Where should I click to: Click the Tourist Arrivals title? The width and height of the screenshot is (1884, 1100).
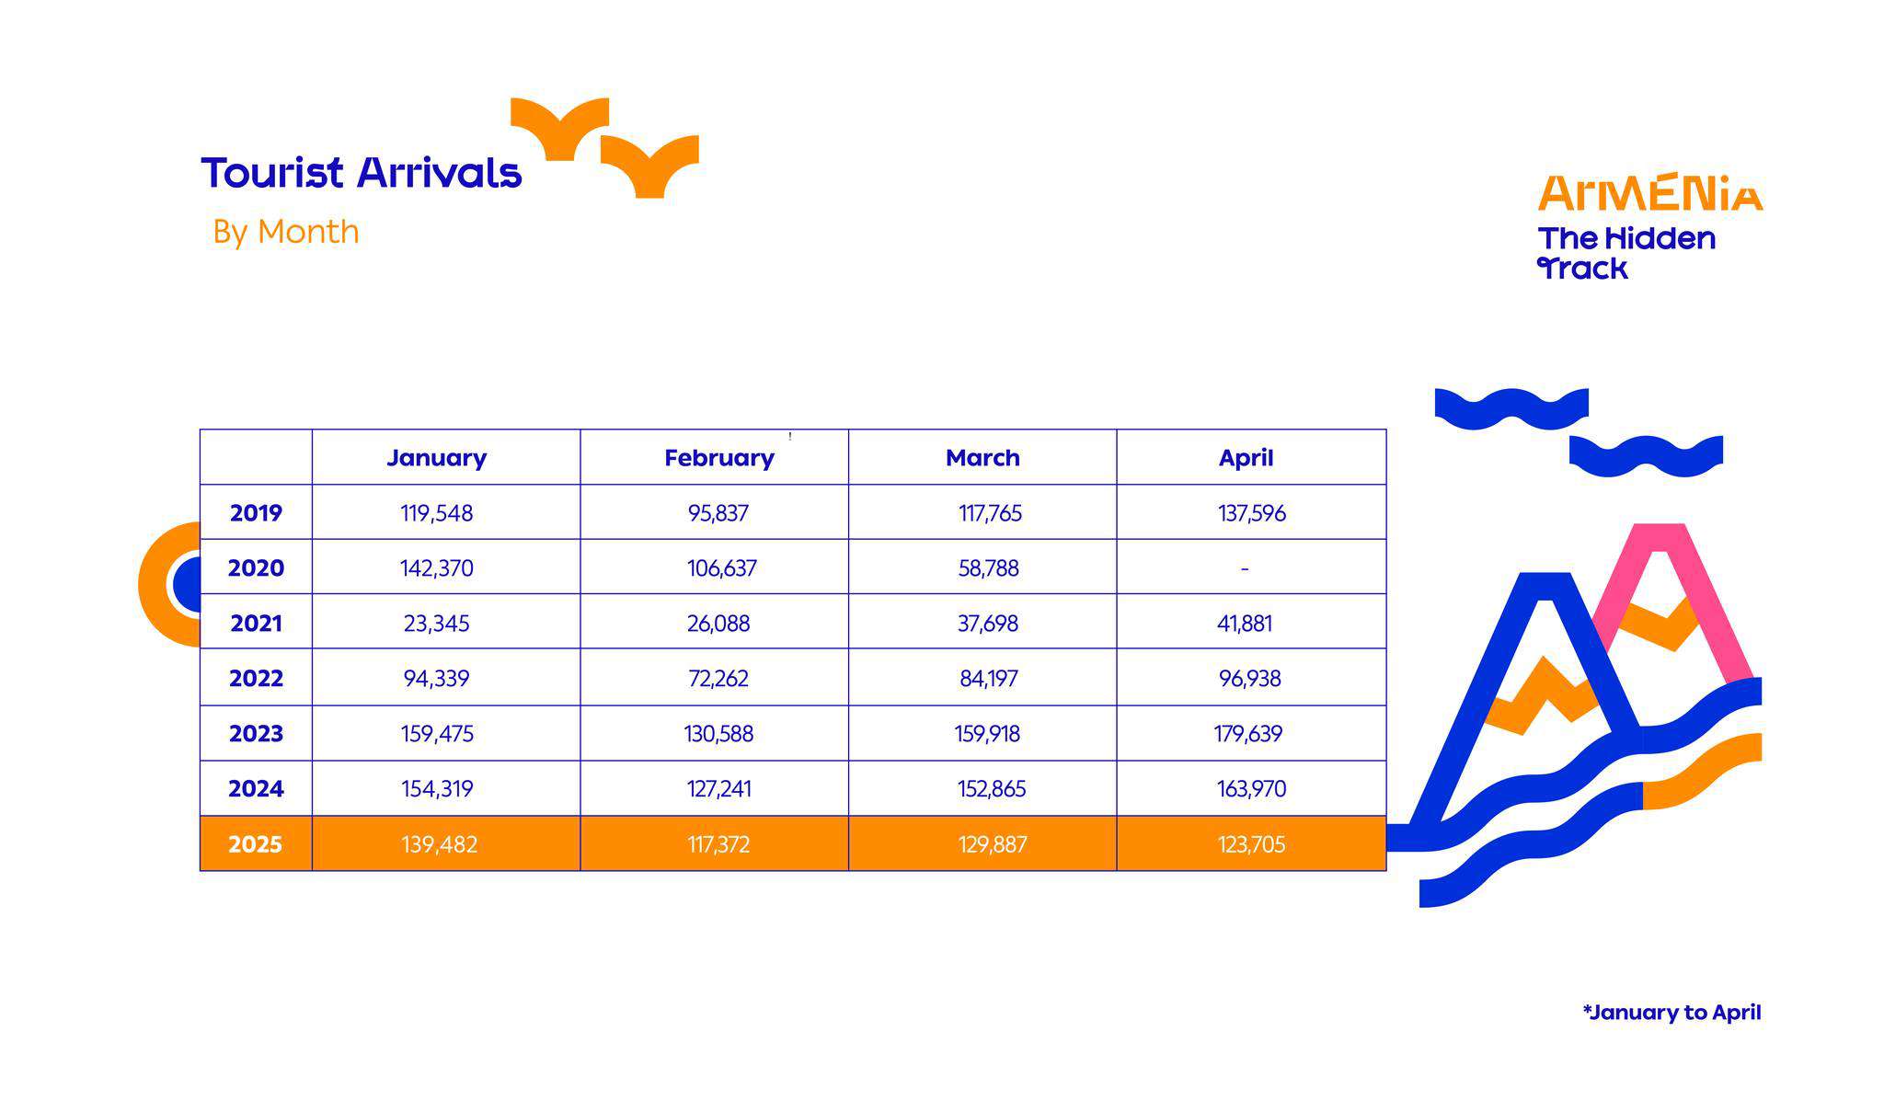[362, 173]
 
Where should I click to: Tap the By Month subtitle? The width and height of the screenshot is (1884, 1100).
[286, 232]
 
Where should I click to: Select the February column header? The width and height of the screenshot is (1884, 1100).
[719, 458]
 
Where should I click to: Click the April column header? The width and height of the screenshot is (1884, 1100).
[1246, 457]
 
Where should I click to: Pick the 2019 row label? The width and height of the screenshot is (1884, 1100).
[256, 513]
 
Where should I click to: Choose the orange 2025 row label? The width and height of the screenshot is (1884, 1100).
[256, 844]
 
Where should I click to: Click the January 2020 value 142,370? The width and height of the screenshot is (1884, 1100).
[437, 568]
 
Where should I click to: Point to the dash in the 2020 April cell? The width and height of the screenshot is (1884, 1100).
[1245, 569]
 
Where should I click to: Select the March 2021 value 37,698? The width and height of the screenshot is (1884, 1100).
[988, 624]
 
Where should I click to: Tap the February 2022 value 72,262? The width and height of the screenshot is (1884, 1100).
[718, 679]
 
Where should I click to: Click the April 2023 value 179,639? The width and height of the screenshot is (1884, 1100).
[1248, 734]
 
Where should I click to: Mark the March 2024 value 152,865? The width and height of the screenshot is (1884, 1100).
[992, 789]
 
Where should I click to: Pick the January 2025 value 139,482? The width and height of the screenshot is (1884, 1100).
[440, 844]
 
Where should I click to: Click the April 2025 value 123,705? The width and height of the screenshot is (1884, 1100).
[1252, 844]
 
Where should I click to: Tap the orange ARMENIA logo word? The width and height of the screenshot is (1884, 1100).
[1651, 192]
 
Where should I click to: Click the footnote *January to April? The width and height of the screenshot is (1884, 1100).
[1671, 1013]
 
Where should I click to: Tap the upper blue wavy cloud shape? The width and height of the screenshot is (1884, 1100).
[1511, 408]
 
